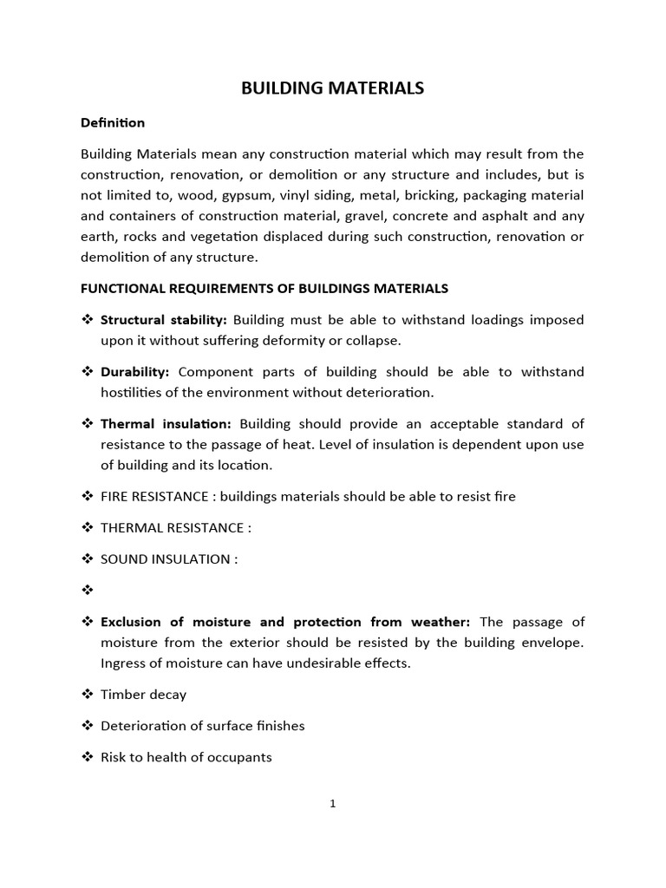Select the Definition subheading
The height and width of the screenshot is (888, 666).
tap(112, 122)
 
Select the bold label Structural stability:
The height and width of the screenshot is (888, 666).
tap(163, 320)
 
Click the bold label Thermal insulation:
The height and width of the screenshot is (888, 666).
tap(166, 424)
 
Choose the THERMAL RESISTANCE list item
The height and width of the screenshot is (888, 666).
tap(175, 528)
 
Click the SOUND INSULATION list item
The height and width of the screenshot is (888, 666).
tap(168, 559)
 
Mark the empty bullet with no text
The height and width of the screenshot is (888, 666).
tap(87, 591)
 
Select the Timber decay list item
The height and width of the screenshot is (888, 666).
tap(143, 695)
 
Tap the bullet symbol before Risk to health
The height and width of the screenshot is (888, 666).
tap(87, 757)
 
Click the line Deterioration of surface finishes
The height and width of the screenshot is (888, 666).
tap(202, 726)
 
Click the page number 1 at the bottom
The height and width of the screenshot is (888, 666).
tap(333, 804)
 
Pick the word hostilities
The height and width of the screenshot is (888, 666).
tap(134, 393)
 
